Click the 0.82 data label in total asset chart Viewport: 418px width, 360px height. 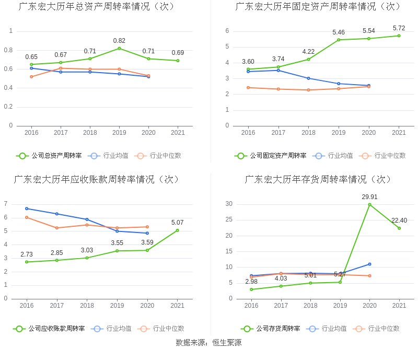click(x=119, y=41)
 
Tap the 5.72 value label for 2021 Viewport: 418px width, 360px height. click(x=399, y=28)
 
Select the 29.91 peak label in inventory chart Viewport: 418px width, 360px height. click(x=369, y=197)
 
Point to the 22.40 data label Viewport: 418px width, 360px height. click(x=399, y=220)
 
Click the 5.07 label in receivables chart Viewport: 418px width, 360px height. click(x=177, y=223)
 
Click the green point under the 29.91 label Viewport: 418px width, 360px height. click(x=369, y=204)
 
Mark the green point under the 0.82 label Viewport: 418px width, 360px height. click(x=119, y=49)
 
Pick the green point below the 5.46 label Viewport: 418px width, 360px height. click(x=339, y=40)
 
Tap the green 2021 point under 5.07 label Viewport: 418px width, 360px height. click(x=177, y=230)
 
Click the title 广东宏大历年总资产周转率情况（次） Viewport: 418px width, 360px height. click(x=97, y=7)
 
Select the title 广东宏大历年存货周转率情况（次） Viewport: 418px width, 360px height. click(x=318, y=179)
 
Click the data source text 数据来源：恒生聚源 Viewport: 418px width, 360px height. click(x=208, y=343)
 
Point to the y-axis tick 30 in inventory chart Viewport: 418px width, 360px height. click(x=229, y=204)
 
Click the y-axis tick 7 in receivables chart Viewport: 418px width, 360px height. click(x=6, y=204)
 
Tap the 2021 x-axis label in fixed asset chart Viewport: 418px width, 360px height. click(x=399, y=133)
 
